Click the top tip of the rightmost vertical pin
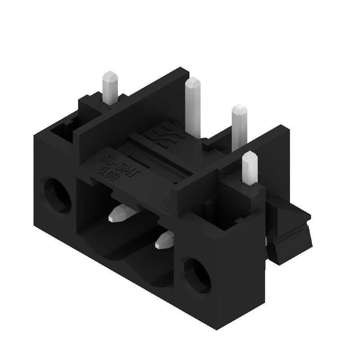[x=249, y=156]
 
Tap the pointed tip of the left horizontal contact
[x=112, y=219]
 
